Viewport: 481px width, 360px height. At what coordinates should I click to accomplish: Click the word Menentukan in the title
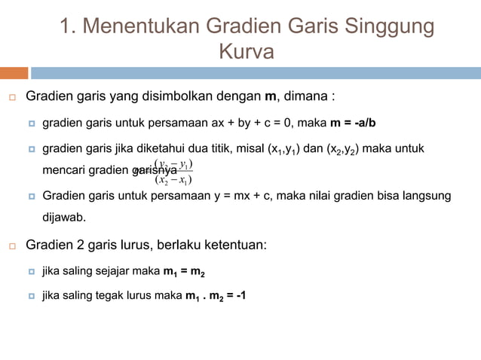[142, 27]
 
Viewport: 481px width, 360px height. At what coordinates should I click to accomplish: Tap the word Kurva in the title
[246, 53]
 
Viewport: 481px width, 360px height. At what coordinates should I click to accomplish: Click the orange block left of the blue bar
[14, 73]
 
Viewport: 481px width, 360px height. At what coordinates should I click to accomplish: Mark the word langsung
[427, 196]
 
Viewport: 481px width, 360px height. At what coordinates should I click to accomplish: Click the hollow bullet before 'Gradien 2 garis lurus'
[13, 246]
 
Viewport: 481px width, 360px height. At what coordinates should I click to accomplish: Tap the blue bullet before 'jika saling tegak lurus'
[32, 295]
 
